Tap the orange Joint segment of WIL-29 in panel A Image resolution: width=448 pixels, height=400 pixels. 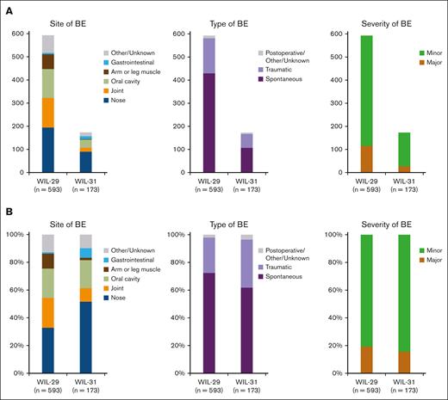point(48,112)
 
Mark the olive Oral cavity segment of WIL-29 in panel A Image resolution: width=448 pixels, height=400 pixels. point(48,83)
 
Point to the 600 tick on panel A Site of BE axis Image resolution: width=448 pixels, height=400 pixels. point(21,34)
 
